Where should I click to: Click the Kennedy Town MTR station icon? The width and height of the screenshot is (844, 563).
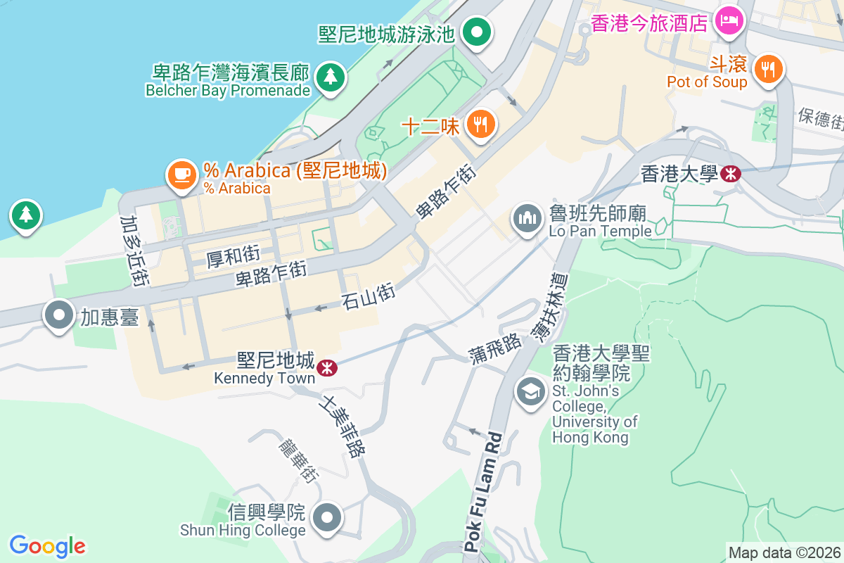(326, 367)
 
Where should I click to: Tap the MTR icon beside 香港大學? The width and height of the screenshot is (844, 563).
(731, 173)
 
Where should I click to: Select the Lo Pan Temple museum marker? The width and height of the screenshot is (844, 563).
(526, 219)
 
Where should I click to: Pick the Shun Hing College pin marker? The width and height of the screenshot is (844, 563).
(326, 519)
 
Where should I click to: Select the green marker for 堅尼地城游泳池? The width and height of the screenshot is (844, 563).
(477, 32)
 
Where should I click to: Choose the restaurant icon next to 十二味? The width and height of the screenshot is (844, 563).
(481, 125)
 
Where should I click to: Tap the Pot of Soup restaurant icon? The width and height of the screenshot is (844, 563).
(767, 69)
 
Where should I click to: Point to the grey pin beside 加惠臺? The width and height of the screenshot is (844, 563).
(59, 315)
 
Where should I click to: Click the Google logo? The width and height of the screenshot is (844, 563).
(47, 545)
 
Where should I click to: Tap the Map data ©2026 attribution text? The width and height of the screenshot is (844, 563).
(784, 552)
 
